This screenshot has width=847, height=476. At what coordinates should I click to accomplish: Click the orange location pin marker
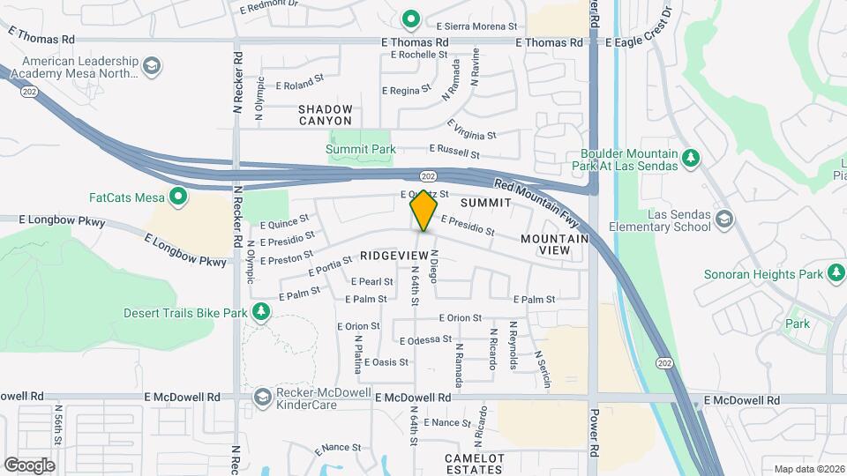(424, 211)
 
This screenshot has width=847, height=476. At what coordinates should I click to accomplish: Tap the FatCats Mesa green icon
(179, 196)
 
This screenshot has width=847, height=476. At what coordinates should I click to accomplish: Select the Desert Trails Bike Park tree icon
(260, 312)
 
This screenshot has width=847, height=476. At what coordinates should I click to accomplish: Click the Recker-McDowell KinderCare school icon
(262, 398)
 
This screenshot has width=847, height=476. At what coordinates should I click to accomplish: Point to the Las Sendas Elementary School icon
(724, 219)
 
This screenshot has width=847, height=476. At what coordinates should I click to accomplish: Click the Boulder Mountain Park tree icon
(693, 159)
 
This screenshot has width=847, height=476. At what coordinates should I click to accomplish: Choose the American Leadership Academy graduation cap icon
(153, 67)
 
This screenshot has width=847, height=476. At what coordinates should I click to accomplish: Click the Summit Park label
(361, 150)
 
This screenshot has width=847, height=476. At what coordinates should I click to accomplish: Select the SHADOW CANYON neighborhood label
(326, 115)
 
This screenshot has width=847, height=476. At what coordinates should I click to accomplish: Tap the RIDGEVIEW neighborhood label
(394, 255)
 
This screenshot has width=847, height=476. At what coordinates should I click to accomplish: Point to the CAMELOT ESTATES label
(474, 464)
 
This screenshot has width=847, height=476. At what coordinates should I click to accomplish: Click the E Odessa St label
(425, 339)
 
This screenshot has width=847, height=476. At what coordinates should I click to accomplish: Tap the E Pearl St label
(371, 282)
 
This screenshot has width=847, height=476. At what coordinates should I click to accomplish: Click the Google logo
(29, 465)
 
